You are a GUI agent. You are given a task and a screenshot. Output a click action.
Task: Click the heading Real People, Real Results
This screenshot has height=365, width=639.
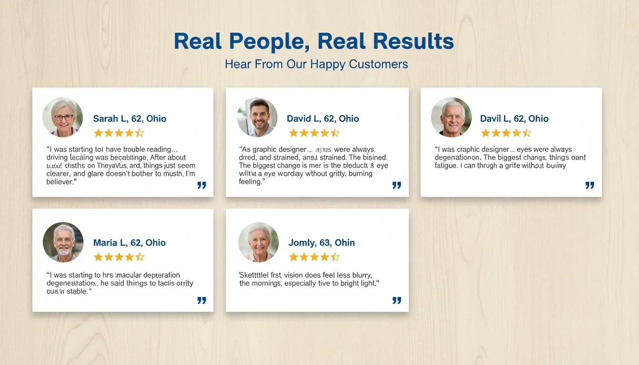(x=314, y=41)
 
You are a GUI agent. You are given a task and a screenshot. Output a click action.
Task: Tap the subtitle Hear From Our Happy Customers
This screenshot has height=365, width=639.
(x=316, y=64)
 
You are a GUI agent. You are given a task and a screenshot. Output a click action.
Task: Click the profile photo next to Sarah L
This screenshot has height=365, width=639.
(x=63, y=117)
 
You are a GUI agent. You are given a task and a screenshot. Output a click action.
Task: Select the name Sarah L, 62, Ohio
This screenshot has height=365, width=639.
(x=130, y=119)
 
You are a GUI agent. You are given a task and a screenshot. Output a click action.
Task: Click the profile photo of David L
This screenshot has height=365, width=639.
(x=257, y=117)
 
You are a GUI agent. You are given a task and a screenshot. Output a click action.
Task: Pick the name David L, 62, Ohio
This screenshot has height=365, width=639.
(x=323, y=119)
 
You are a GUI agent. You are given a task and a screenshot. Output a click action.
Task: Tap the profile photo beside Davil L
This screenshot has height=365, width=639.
(x=451, y=117)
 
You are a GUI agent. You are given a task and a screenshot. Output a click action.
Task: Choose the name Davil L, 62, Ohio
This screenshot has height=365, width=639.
(x=514, y=119)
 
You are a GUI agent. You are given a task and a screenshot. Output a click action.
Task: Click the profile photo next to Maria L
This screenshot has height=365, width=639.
(x=63, y=242)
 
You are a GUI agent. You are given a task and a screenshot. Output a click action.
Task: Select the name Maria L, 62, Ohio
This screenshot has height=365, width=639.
(x=129, y=243)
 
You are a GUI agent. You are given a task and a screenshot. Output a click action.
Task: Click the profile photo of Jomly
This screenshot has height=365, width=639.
(x=258, y=242)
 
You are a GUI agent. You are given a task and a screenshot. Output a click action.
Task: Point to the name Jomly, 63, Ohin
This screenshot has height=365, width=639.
(x=321, y=243)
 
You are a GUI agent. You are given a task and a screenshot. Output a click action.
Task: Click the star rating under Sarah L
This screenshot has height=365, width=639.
(x=118, y=133)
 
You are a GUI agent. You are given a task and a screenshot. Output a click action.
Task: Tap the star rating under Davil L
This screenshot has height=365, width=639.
(x=506, y=133)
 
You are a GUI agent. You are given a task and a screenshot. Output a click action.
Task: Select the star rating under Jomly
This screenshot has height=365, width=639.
(x=314, y=257)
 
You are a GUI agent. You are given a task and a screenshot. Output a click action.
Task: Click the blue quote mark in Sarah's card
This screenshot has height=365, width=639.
(x=202, y=185)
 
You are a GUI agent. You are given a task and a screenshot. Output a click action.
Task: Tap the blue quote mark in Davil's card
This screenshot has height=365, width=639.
(x=590, y=185)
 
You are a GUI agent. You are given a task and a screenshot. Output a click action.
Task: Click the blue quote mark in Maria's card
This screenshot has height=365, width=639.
(x=202, y=300)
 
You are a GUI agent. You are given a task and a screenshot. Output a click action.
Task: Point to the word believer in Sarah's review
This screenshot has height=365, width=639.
(x=60, y=182)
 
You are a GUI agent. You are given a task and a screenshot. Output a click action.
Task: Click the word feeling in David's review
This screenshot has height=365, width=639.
(x=250, y=182)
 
